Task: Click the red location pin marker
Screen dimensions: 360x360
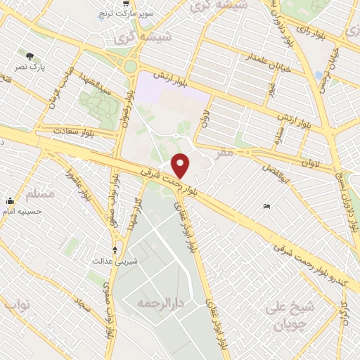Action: click(181, 165)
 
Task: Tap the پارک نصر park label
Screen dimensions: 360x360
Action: click(31, 67)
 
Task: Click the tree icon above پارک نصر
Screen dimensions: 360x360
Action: click(29, 56)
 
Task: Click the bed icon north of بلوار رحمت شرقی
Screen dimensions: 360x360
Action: click(266, 206)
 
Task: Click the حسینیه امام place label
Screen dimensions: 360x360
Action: click(22, 210)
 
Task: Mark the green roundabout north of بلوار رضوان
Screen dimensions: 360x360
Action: click(129, 67)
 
